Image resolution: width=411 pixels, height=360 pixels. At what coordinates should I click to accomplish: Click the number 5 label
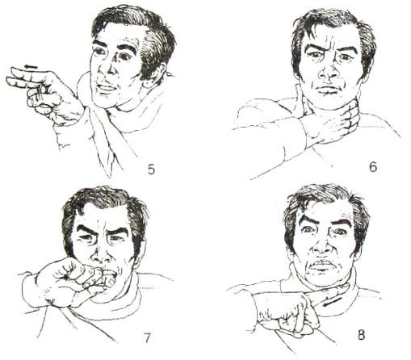(x=151, y=170)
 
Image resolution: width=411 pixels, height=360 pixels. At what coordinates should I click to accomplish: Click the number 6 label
(x=373, y=167)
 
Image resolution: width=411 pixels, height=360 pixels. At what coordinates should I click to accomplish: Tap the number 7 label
(x=147, y=338)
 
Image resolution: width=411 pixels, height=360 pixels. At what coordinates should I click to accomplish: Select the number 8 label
(x=361, y=335)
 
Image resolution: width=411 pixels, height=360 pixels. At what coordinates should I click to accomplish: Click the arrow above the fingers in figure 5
(x=31, y=66)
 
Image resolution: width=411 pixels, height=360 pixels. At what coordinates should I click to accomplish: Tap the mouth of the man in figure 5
(x=107, y=88)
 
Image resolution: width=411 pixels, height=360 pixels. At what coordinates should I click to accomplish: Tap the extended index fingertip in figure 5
(x=14, y=70)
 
